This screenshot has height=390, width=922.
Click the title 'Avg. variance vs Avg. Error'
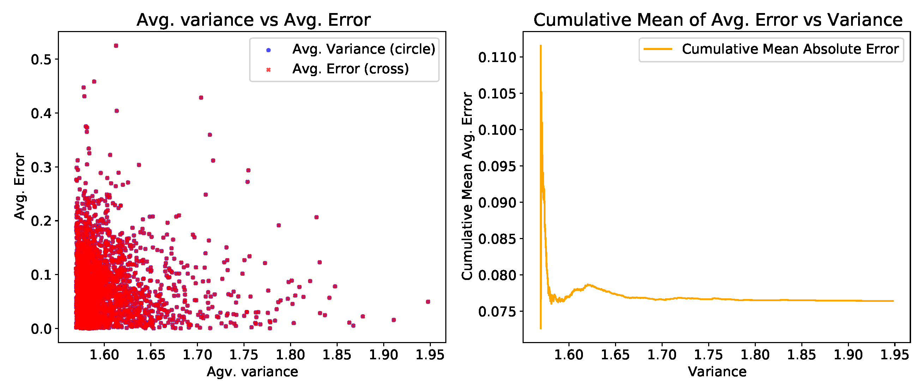(x=253, y=20)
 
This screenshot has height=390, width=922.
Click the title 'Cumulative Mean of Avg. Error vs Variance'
(x=718, y=20)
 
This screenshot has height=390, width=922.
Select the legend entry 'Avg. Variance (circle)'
(x=363, y=49)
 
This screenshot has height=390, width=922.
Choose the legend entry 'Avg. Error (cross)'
(x=350, y=69)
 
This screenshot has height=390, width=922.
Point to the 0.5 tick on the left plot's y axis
(x=41, y=59)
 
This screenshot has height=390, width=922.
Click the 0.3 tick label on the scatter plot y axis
(x=41, y=167)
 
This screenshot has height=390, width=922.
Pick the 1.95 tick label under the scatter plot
(x=429, y=355)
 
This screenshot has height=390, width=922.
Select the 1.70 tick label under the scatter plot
(x=197, y=355)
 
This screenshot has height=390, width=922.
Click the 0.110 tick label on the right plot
(x=497, y=57)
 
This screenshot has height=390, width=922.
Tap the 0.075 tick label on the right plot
(x=497, y=312)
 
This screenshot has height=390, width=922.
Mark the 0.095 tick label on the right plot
(x=497, y=166)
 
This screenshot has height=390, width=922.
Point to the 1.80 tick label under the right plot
(x=755, y=355)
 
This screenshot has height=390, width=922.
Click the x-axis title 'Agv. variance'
(x=252, y=372)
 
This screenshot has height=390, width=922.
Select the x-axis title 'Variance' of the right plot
(x=717, y=372)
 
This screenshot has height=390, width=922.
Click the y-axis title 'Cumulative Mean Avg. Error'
(x=467, y=186)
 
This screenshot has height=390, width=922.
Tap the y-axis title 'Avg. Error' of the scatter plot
(x=19, y=186)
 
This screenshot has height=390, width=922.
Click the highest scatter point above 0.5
(x=116, y=46)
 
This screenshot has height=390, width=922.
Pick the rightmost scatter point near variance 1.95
(x=428, y=301)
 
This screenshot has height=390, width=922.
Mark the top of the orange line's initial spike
(x=541, y=45)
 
